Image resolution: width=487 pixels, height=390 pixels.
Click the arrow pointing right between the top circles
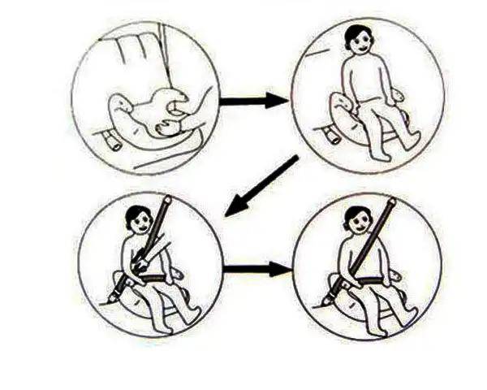coord(253,101)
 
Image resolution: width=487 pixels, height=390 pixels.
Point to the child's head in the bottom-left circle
coord(140,219)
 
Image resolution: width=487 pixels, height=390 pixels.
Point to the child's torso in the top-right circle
coord(361,81)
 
